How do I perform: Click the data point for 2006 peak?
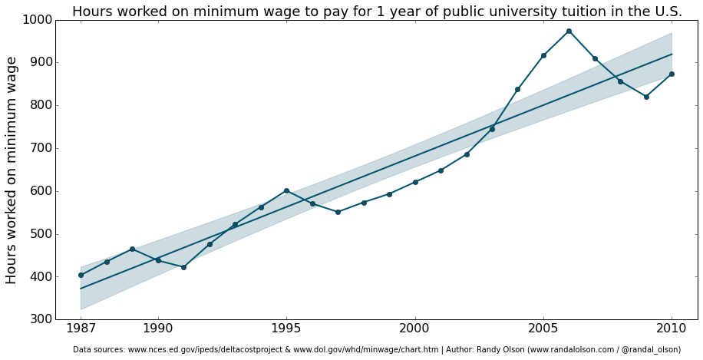coord(569,31)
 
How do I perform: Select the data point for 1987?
coord(81,275)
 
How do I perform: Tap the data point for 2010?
coord(672,74)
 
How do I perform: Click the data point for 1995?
coord(286,190)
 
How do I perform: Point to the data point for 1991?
coord(183,267)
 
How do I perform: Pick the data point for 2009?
coord(646,97)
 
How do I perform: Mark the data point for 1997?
coord(338,212)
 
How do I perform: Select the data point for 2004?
coord(517,90)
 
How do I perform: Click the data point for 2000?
coord(415,182)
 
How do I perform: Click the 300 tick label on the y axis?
coord(41,319)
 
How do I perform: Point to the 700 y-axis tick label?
coord(41,148)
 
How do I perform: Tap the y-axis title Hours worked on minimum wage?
coord(12,170)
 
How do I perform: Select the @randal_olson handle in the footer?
coord(651,350)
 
